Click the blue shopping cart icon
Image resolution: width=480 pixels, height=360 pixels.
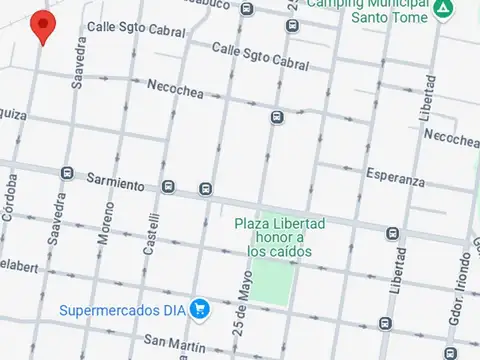(x=200, y=309)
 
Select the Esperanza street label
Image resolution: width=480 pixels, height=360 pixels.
(x=395, y=178)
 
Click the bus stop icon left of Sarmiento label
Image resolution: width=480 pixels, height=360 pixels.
(x=67, y=173)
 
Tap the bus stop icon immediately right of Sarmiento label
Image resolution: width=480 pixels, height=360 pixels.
(x=168, y=186)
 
